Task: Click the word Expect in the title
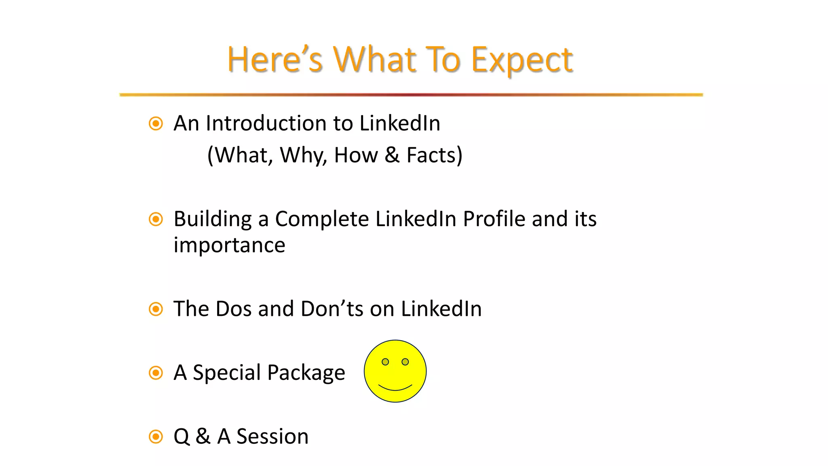522,60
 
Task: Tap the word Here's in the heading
275,59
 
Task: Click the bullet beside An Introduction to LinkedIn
156,123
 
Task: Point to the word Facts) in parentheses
434,155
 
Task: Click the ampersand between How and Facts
392,155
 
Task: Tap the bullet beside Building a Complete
156,219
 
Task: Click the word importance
229,246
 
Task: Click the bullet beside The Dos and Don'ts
156,309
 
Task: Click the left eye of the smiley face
385,362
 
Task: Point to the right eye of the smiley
405,362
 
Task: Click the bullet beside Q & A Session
156,437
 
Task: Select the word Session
272,437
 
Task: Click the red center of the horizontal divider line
412,95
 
